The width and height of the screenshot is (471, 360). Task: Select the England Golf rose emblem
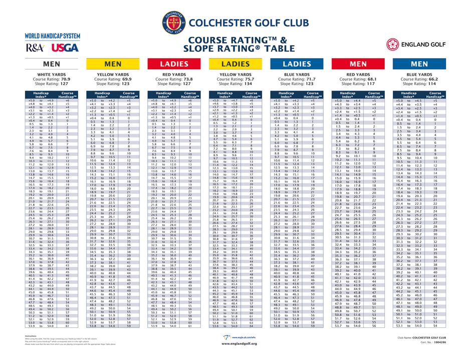(x=393, y=45)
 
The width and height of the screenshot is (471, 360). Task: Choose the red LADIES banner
(x=173, y=64)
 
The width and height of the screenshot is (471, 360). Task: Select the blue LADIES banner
(x=297, y=64)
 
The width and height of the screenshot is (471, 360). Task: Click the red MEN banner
(x=358, y=64)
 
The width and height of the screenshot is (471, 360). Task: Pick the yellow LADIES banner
(x=235, y=64)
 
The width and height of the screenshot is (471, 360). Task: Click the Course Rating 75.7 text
(x=235, y=79)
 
